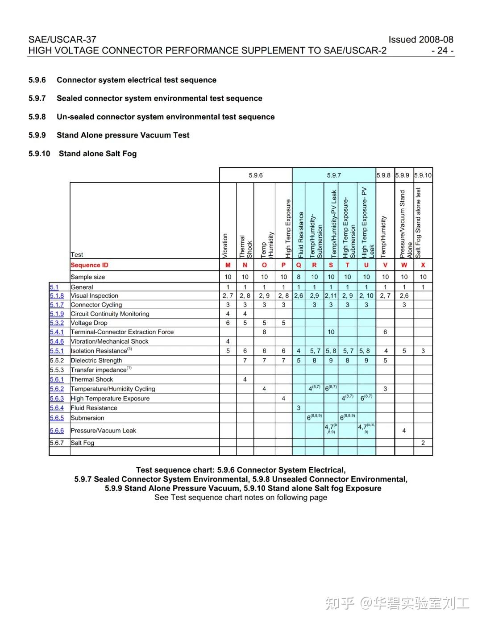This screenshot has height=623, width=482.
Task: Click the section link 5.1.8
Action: tap(57, 296)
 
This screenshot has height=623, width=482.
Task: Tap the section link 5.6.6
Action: tap(57, 431)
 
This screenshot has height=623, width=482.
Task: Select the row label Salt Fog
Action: tap(83, 443)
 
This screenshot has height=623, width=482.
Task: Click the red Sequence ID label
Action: tap(89, 265)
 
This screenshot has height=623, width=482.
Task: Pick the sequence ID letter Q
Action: tap(299, 265)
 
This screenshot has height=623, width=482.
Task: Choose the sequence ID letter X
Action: tap(423, 265)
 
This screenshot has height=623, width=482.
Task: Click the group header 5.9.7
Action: tap(334, 175)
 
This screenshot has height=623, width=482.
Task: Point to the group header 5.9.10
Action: tap(423, 175)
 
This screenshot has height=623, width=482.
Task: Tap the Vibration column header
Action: tap(225, 245)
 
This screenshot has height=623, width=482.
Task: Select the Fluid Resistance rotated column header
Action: tap(301, 235)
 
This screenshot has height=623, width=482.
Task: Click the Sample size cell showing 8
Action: tap(299, 277)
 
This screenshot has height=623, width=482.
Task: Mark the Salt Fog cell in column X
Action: tap(423, 443)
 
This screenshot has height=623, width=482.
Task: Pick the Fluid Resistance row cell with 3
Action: tap(299, 408)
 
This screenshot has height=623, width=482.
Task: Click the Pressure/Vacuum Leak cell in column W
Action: tap(404, 431)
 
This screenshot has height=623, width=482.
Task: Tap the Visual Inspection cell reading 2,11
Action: tap(331, 296)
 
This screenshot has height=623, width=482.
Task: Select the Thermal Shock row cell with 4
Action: tap(245, 379)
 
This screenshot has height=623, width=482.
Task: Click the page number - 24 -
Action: tap(442, 50)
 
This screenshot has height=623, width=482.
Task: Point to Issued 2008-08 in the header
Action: tap(420, 39)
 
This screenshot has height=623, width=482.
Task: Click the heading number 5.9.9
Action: tap(37, 135)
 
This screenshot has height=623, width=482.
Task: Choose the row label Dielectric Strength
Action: tap(96, 361)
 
